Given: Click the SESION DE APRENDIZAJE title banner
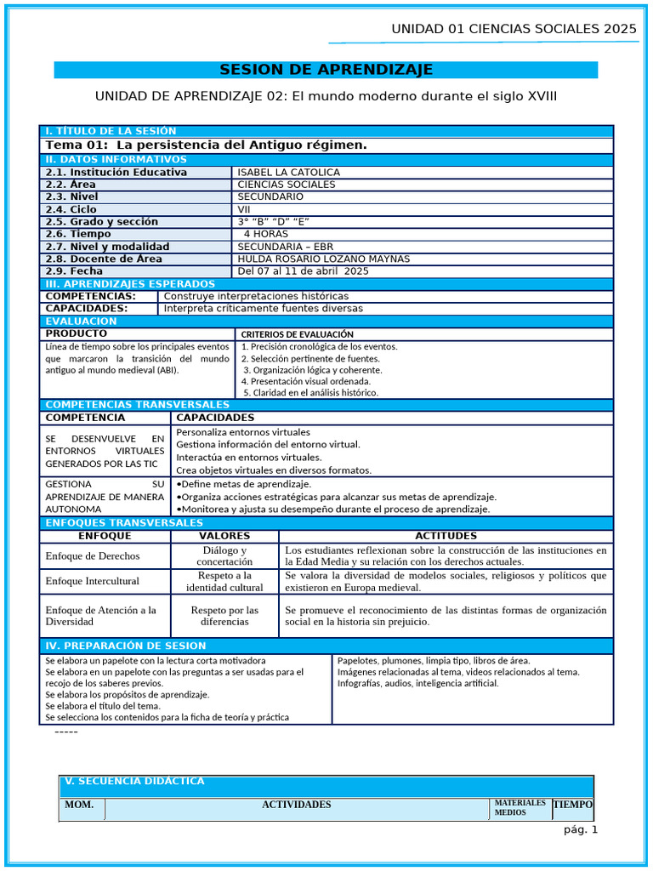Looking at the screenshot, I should coord(326,70).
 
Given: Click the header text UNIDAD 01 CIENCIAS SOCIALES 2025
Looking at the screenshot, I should coord(513,29).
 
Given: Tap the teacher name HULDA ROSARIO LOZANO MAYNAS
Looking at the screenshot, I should coord(323,259).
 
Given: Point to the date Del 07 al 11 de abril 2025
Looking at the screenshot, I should coord(303,271).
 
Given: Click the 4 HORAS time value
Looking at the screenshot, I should coord(265,234).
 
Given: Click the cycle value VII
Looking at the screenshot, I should coord(244,209).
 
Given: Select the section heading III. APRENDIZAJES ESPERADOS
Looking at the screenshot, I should coord(130,283).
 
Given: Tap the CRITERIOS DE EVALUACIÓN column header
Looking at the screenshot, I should coord(297,334).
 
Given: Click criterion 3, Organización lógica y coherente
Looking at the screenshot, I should coord(312,370).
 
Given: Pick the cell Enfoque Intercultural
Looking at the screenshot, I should coord(92,581).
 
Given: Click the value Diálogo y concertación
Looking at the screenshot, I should coord(224,555).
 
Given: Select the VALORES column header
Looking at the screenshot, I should coord(224,536).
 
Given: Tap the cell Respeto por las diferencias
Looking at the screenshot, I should coord(224,616).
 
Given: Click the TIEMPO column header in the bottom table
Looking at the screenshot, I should coord(572,805).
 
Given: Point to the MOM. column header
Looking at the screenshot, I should coord(81,805).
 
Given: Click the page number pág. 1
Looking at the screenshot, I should coord(581,830).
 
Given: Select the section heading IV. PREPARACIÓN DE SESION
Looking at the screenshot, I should coord(125,646).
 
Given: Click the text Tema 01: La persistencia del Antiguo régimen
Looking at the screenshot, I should coord(206,145).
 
